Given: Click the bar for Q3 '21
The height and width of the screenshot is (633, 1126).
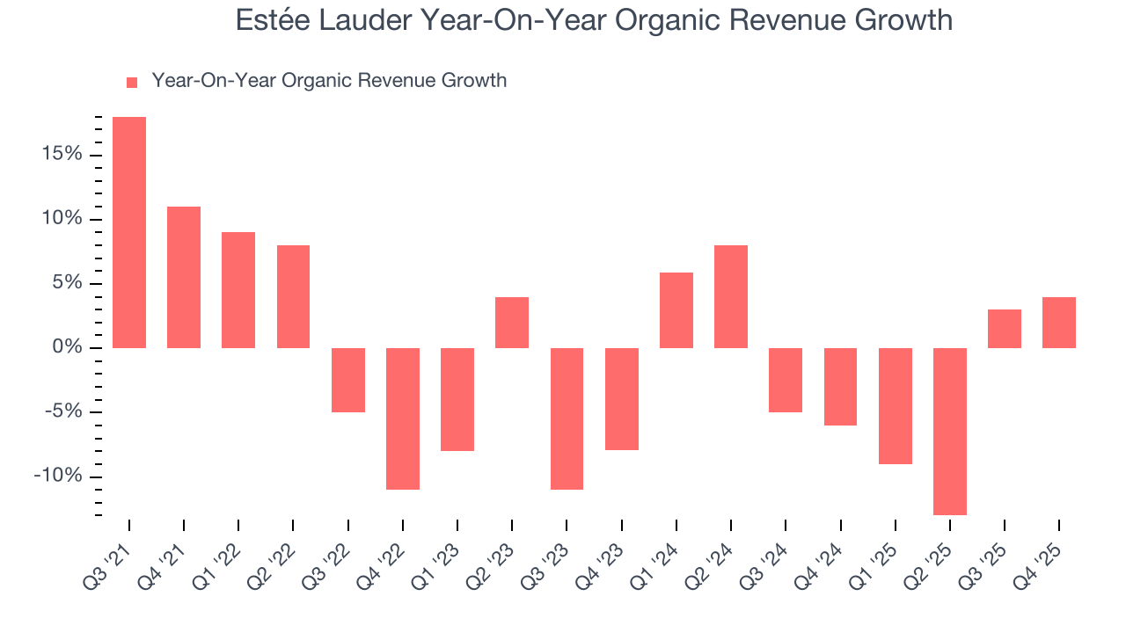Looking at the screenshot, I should click(x=129, y=232).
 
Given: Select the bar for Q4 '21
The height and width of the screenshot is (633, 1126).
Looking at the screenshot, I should click(x=184, y=277).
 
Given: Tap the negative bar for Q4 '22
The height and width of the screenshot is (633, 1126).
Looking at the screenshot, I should click(x=403, y=418).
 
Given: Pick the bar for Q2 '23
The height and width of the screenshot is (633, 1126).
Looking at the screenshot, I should click(x=512, y=323).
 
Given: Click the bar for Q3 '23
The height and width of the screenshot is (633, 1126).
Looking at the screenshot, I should click(x=567, y=418).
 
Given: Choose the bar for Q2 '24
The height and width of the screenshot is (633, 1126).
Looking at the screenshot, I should click(x=731, y=296).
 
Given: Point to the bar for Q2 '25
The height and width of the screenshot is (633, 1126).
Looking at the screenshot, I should click(x=950, y=431).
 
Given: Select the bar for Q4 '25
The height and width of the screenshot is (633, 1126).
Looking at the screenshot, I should click(x=1059, y=323).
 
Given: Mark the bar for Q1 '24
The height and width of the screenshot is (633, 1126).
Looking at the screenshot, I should click(x=676, y=310).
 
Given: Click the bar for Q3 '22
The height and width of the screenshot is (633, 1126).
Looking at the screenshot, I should click(x=348, y=380).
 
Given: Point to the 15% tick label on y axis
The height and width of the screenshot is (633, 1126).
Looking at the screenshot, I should click(x=62, y=155).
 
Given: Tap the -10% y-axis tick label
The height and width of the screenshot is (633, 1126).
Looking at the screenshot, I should click(x=58, y=477).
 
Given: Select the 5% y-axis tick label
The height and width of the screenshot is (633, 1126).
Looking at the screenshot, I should click(x=67, y=283).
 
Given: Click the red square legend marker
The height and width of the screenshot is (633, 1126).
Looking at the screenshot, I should click(x=132, y=82).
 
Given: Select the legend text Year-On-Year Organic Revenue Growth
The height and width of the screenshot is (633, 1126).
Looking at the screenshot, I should click(x=329, y=81).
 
